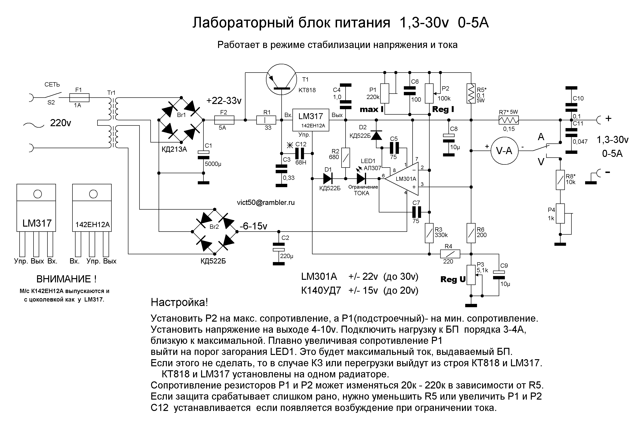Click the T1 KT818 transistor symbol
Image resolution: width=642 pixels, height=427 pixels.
[x=281, y=80]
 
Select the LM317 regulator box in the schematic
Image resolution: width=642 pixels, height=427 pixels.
[x=310, y=120]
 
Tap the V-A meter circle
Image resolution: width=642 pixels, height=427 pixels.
[x=504, y=151]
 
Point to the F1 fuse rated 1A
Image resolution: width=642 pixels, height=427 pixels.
[x=79, y=97]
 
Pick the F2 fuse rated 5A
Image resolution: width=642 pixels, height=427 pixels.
[x=224, y=120]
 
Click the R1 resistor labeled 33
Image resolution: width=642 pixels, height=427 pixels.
[x=266, y=120]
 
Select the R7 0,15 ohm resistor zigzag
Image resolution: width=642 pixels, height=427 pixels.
[x=508, y=120]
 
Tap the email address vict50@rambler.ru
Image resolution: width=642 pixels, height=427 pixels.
[x=266, y=203]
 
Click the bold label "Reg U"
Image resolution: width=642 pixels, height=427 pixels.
[x=453, y=279]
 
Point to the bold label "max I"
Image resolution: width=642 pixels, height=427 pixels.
[x=371, y=109]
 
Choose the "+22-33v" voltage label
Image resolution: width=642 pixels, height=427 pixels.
[x=224, y=101]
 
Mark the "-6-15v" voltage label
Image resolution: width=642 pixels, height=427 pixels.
[x=253, y=226]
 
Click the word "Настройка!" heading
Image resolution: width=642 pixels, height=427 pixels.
[x=179, y=302]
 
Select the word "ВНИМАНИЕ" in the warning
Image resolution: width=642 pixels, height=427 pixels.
[x=64, y=279]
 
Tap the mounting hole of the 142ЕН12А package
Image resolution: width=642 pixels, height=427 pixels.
[x=93, y=194]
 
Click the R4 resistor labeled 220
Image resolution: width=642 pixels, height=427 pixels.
[x=450, y=254]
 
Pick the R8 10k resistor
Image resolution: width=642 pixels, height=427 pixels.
[x=560, y=180]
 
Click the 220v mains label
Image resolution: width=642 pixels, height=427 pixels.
[x=60, y=123]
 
